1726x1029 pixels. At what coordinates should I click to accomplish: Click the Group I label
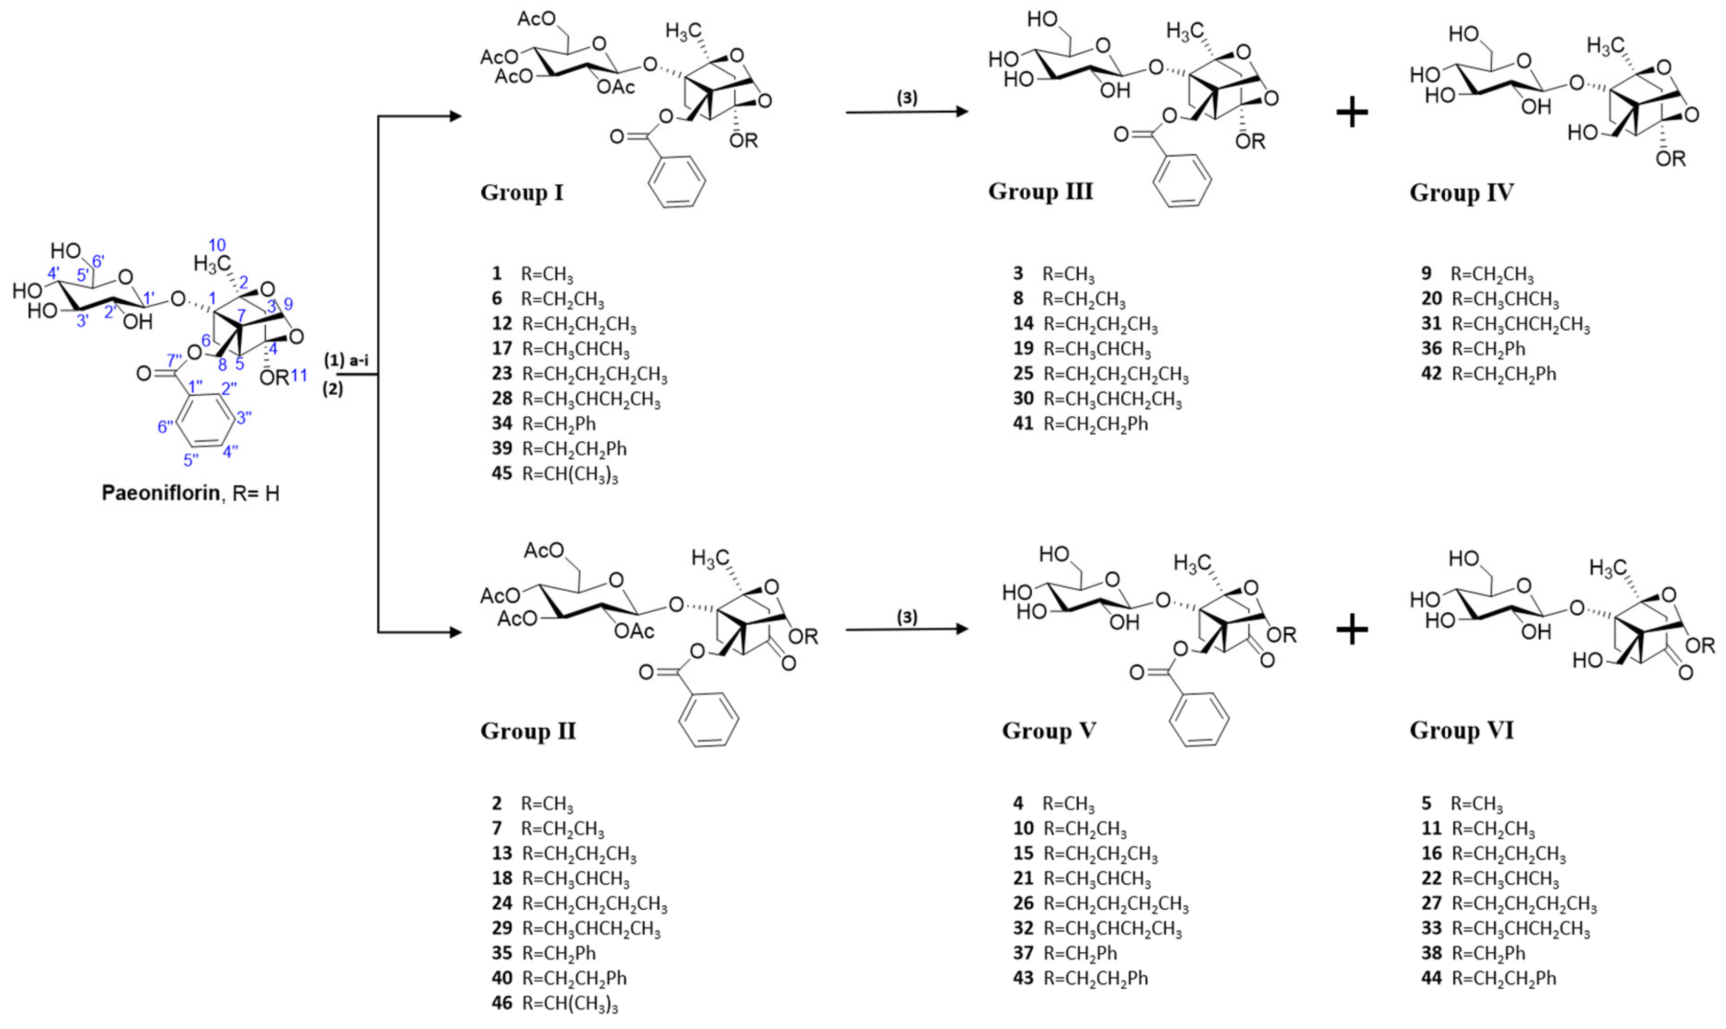522,192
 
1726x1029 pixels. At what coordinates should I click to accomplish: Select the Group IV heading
1461,192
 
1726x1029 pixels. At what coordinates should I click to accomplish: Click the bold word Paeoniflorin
160,493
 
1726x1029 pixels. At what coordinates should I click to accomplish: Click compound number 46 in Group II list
501,1003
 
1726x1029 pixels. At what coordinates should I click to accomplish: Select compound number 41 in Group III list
1023,424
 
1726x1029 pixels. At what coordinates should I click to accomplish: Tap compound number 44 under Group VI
1431,978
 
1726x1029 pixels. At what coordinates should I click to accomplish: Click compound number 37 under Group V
1023,953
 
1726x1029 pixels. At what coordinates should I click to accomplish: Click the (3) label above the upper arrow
907,98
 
